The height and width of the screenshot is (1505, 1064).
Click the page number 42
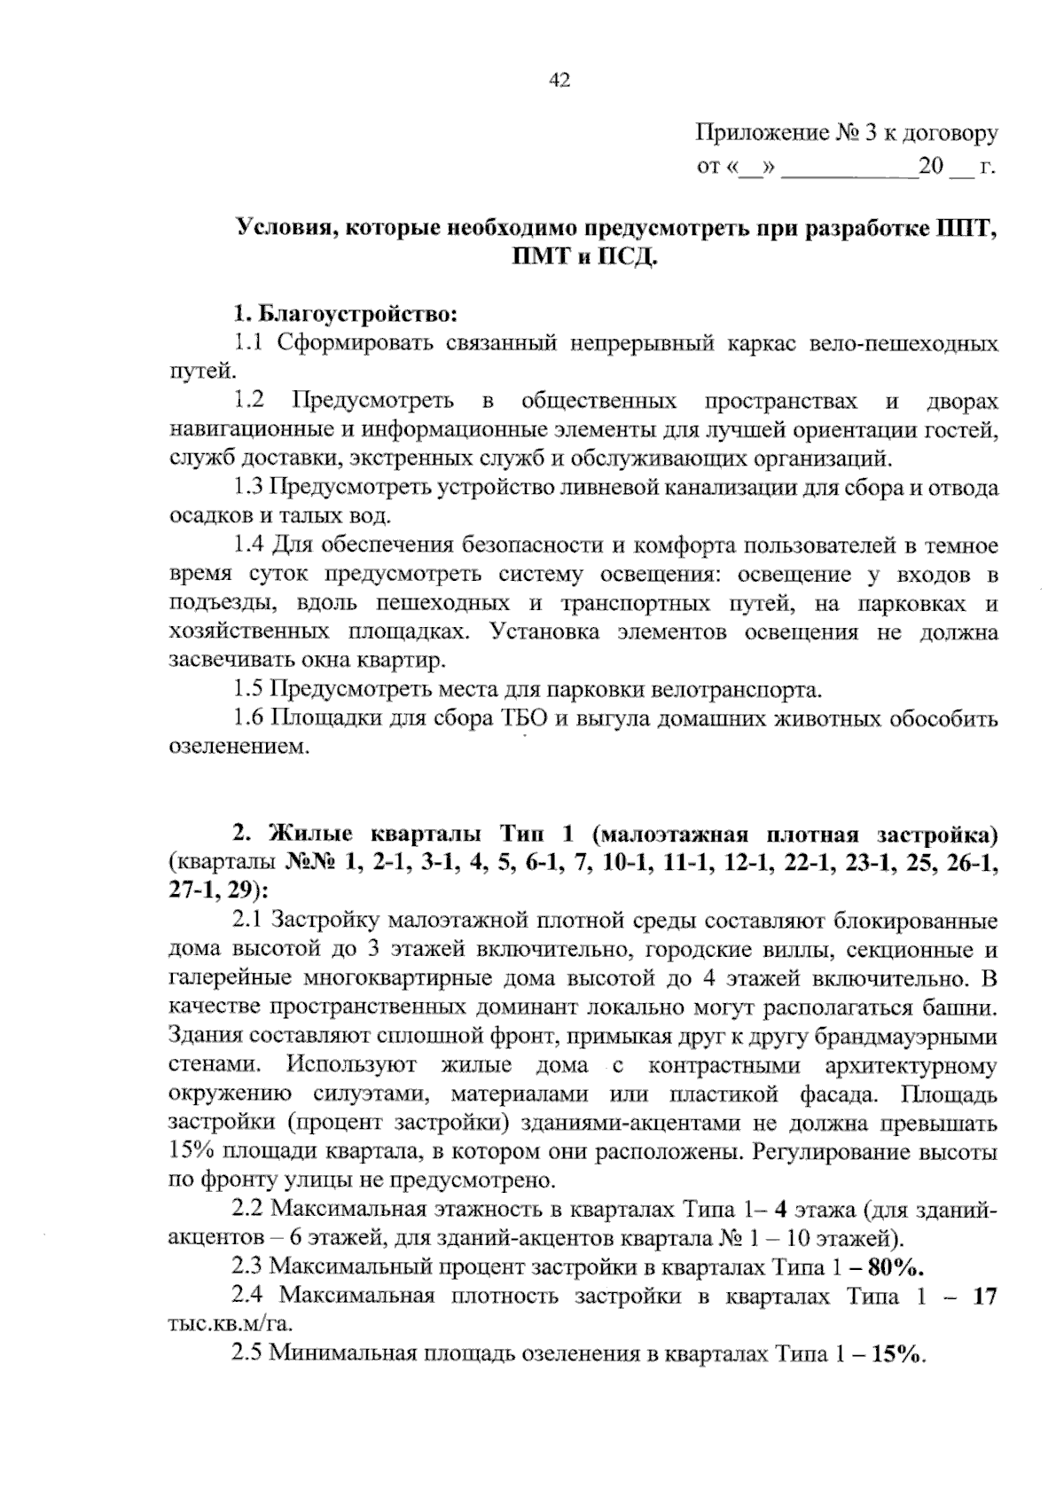(559, 82)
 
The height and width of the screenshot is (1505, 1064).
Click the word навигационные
(244, 430)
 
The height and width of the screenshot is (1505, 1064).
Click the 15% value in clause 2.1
(191, 1152)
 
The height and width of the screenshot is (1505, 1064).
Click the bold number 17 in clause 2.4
(984, 1297)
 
